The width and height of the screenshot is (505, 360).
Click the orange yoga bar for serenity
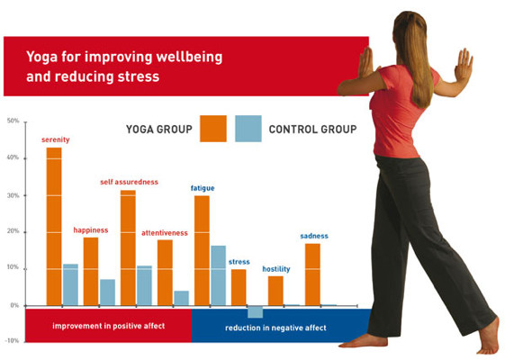pos(54,225)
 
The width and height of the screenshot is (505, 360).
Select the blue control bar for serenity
pos(70,284)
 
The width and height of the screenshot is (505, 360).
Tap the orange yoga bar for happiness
pos(91,270)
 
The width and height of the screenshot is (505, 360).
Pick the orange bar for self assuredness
pos(128,247)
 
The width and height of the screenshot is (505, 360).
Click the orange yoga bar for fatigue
pos(202,250)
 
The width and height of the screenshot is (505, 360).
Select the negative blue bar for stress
pos(255,311)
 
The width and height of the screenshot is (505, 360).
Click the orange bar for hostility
pos(275,291)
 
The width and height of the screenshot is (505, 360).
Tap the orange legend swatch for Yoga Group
pos(213,129)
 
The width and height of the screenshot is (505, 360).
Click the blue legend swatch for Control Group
pos(248,129)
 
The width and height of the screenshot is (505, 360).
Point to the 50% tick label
pos(13,121)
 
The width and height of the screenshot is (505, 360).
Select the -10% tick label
pos(12,341)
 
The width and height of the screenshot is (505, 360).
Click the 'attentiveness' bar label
pos(165,233)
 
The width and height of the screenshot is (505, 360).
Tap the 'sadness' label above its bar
pos(314,236)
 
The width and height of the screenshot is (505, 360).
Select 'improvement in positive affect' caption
pos(108,325)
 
